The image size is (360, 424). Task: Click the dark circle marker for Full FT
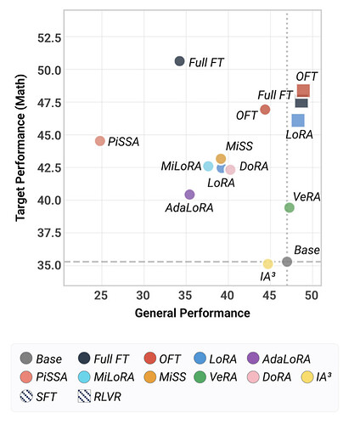(x=179, y=61)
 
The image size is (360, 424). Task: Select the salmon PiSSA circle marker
(x=100, y=141)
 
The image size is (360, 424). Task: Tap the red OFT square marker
(x=303, y=91)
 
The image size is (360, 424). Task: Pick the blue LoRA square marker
(x=298, y=121)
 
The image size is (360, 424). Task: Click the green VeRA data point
(x=290, y=207)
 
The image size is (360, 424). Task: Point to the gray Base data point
(x=287, y=262)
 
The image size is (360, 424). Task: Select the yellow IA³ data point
(x=267, y=264)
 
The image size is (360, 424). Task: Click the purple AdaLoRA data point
(x=189, y=195)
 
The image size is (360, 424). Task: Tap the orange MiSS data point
(x=221, y=159)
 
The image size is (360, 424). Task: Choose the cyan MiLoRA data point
(x=208, y=167)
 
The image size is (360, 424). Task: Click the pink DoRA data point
(x=230, y=170)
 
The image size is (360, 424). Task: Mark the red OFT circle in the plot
(x=265, y=110)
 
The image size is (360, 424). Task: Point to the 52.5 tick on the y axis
(x=49, y=37)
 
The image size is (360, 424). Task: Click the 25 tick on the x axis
(x=101, y=296)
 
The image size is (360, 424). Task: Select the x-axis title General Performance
(x=193, y=313)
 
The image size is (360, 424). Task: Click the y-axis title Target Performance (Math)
(x=20, y=148)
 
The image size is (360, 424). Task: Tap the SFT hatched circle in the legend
(x=26, y=396)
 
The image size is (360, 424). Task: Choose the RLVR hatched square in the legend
(x=84, y=396)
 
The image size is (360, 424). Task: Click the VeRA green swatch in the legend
(x=200, y=377)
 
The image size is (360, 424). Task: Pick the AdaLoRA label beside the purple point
(x=189, y=208)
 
